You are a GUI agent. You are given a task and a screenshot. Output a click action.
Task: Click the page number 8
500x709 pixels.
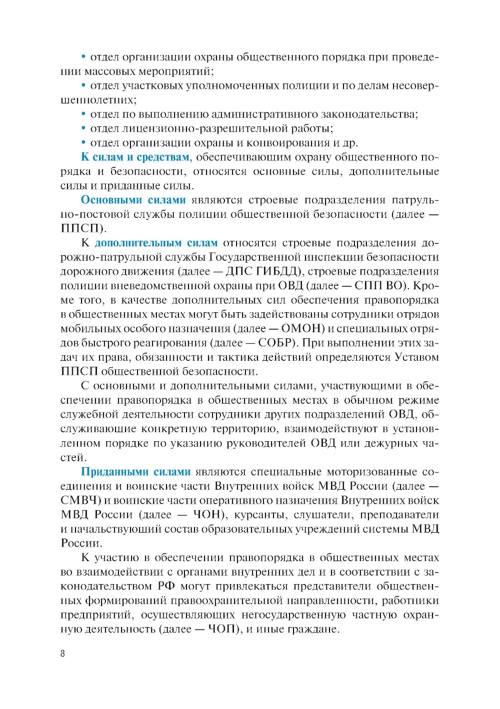pos(62,654)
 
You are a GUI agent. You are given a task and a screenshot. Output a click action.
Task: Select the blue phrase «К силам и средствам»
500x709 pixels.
pos(135,157)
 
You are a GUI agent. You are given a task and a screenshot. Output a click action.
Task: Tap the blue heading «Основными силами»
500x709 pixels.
pos(133,200)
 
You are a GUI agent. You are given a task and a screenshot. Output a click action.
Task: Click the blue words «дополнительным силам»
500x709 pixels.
pos(156,243)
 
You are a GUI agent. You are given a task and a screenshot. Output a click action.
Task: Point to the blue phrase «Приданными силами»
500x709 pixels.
pos(135,472)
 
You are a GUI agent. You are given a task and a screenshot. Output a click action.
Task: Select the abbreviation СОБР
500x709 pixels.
pos(276,343)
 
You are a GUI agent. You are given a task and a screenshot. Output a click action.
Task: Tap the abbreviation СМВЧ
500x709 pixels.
pos(80,500)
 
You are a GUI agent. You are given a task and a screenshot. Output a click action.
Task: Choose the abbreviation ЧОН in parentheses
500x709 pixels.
pos(206,515)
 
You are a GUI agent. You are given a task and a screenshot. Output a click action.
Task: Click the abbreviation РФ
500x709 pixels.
pos(166,586)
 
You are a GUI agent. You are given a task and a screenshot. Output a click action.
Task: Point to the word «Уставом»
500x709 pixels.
pos(416,357)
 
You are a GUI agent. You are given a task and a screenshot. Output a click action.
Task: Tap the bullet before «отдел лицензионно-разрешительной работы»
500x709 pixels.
pos(84,128)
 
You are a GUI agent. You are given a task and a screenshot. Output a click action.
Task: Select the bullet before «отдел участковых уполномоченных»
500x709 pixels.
pos(84,85)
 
